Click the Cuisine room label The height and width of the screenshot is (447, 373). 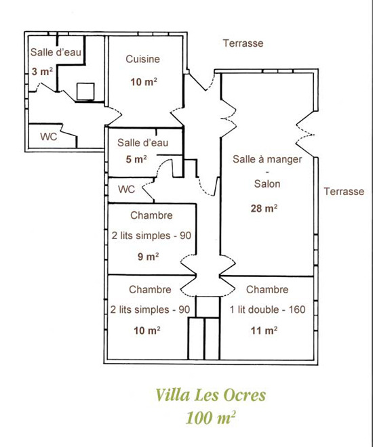(142, 59)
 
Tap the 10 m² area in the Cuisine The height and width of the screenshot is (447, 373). (144, 82)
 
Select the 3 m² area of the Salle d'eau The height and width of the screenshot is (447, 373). (42, 71)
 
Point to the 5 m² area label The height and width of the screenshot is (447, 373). (136, 159)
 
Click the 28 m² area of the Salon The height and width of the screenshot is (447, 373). (264, 209)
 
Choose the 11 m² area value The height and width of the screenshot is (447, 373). (264, 331)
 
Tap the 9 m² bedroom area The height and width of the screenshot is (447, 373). (148, 257)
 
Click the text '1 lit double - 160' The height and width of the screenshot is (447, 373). (268, 310)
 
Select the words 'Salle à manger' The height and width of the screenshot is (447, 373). (267, 159)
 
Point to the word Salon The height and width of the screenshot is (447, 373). (267, 184)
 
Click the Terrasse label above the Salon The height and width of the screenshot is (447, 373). (243, 43)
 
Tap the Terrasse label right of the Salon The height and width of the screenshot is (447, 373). (344, 191)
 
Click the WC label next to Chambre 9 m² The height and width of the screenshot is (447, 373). (126, 189)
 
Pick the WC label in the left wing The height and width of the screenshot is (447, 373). (49, 137)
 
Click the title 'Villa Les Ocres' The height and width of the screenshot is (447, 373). (211, 395)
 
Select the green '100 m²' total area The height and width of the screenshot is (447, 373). (211, 418)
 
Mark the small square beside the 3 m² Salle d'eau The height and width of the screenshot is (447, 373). (85, 91)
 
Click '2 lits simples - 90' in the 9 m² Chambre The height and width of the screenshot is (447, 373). (151, 236)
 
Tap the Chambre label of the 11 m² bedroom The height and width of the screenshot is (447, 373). (267, 289)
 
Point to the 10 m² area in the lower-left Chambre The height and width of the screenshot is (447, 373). (147, 331)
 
